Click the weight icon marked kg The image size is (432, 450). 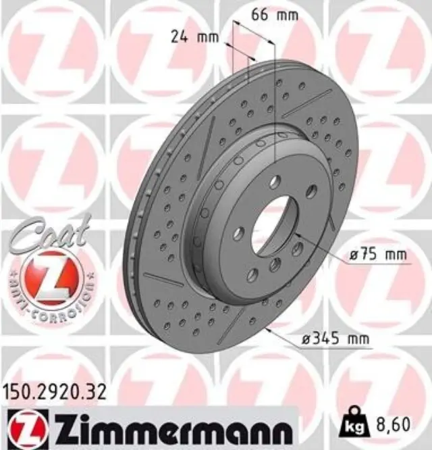click(354, 423)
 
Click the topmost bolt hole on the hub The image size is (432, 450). click(275, 182)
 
